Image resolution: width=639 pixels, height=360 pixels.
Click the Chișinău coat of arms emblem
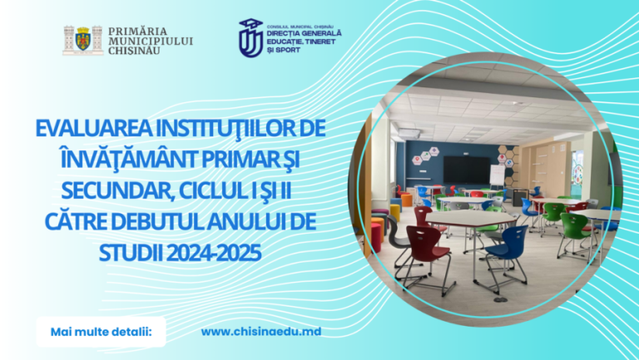[x=82, y=40]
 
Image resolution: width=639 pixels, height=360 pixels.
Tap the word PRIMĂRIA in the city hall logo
[x=138, y=32]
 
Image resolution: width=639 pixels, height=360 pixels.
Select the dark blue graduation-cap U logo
[x=250, y=38]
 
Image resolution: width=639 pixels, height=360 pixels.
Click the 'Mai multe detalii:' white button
[x=101, y=332]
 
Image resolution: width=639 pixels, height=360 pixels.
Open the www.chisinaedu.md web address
[x=261, y=332]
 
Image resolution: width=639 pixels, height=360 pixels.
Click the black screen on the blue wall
[x=466, y=170]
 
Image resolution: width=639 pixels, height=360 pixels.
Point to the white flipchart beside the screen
[x=498, y=175]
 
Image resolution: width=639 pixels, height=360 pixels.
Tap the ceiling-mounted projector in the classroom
[x=409, y=133]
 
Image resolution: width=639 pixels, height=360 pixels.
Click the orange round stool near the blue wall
[x=406, y=200]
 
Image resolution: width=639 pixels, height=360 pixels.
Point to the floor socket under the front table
[x=500, y=299]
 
